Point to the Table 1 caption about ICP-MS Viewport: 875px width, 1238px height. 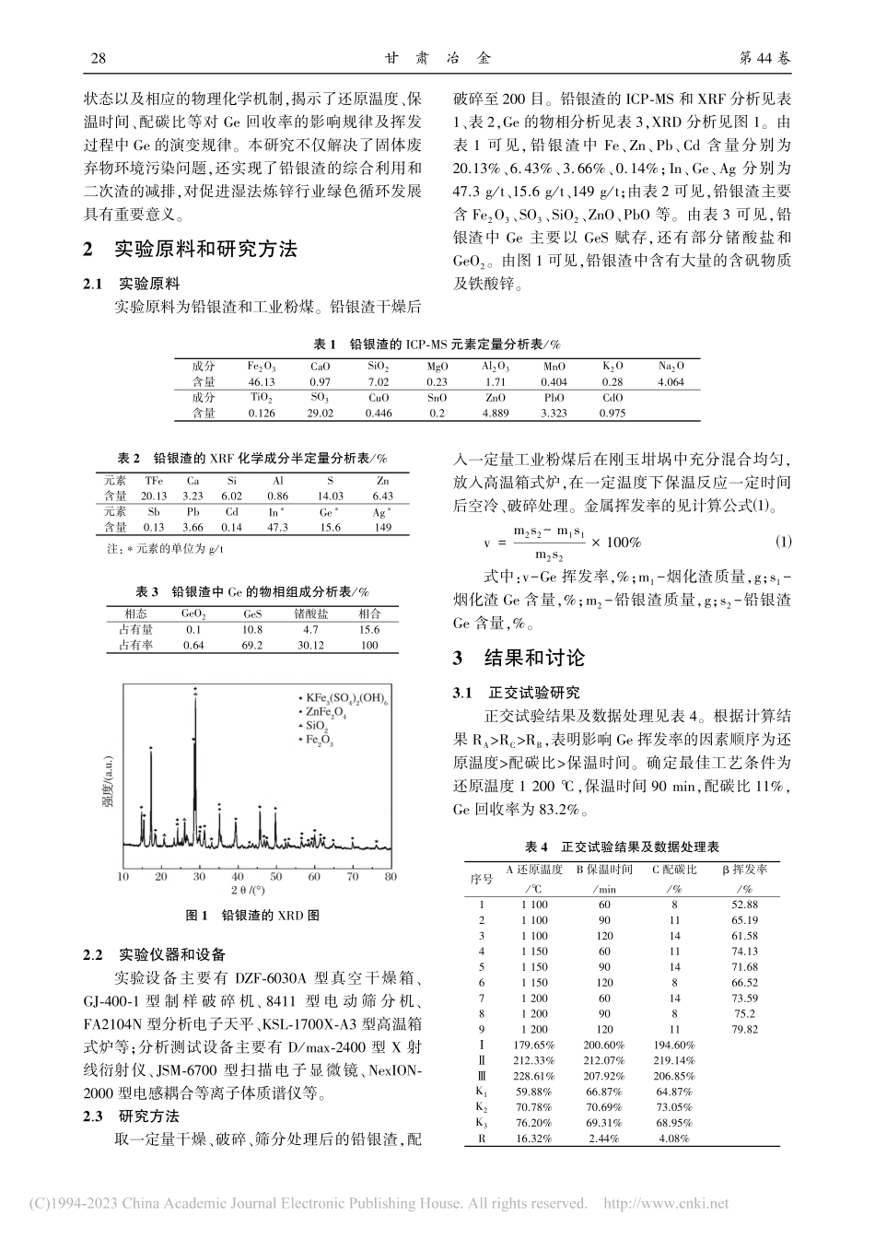coord(437,344)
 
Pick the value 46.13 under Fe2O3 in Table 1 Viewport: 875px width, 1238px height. coord(262,381)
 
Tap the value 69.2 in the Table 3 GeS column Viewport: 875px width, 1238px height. coord(252,646)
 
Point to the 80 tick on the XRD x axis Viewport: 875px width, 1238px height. coord(391,877)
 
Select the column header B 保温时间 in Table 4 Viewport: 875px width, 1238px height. coord(604,870)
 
